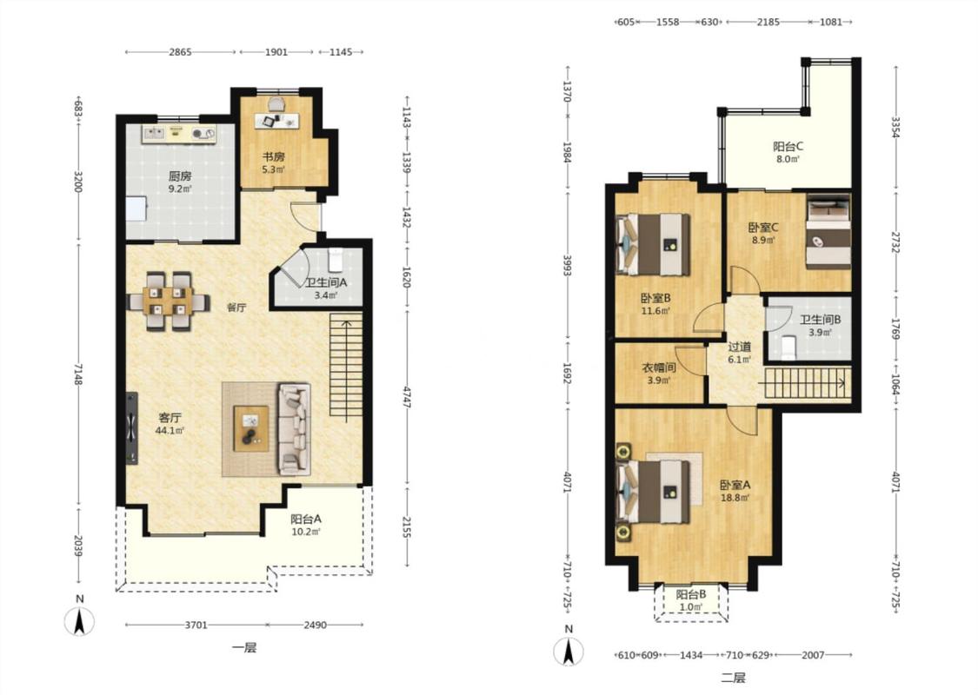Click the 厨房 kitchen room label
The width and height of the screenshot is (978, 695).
point(180,176)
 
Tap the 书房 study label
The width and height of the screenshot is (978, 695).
point(273,156)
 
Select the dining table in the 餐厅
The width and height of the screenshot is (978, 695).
point(167,301)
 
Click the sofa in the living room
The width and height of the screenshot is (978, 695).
point(295,429)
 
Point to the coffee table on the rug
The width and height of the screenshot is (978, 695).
point(251,428)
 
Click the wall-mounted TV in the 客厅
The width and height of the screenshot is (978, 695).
point(131,428)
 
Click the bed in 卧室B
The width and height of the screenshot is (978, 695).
point(654,244)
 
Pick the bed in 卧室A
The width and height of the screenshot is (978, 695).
point(654,491)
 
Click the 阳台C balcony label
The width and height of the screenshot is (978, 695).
point(788,147)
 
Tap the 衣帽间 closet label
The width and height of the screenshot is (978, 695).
point(659,367)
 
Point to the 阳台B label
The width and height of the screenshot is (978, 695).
point(691,594)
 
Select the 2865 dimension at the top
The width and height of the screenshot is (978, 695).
point(180,52)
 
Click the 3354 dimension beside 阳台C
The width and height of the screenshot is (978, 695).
point(895,127)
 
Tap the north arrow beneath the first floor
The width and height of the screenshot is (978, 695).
point(79,621)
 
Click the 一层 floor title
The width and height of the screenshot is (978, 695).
point(244,647)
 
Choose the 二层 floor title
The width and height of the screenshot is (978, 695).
point(734,678)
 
